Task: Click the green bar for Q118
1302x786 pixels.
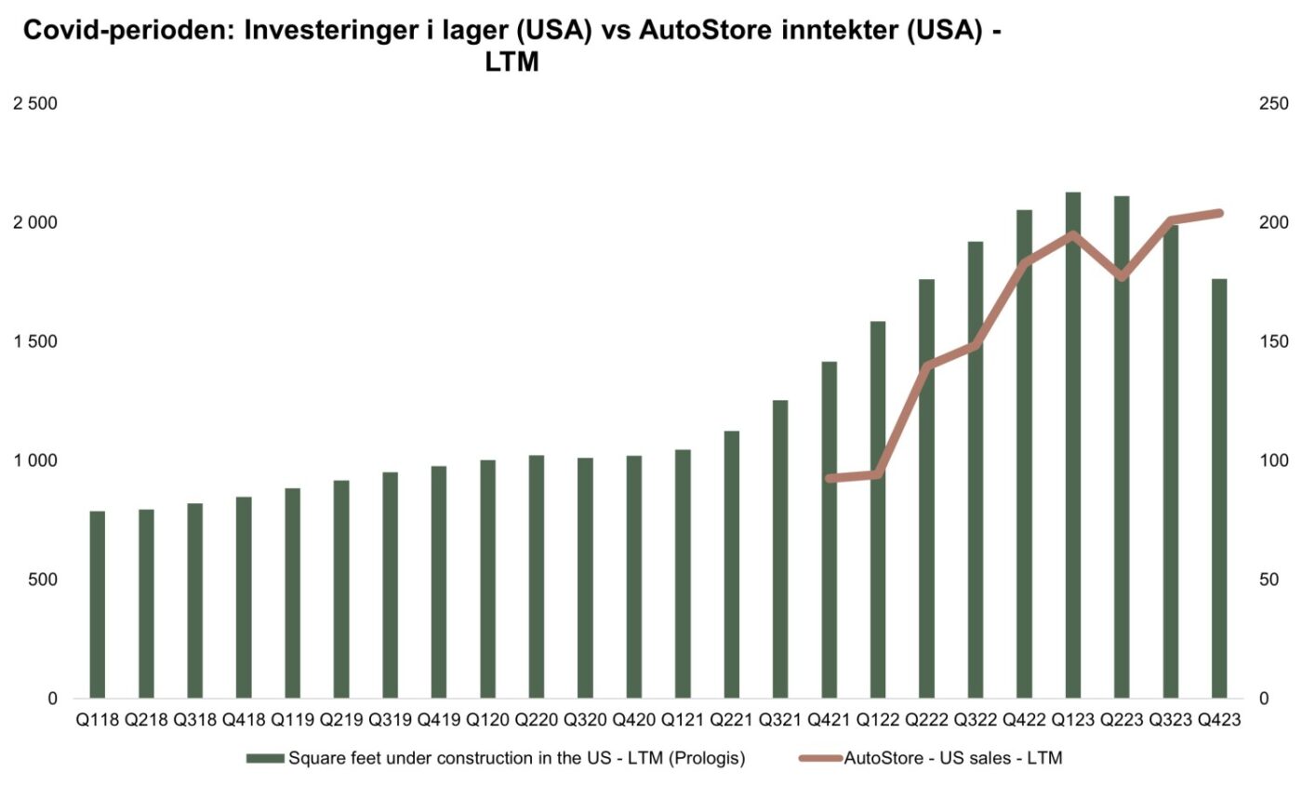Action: point(97,605)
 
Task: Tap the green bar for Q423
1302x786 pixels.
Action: point(1219,488)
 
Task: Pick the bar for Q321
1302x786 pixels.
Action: point(780,549)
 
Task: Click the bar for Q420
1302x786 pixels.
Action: point(634,577)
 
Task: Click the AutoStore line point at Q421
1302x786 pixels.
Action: point(830,478)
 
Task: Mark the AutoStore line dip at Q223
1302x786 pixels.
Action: point(1122,276)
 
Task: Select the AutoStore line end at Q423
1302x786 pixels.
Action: point(1219,213)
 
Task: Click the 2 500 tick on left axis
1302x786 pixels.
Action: point(34,103)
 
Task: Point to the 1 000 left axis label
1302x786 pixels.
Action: point(34,460)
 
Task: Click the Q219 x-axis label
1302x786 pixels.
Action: point(340,720)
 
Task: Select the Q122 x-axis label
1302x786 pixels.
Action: point(878,720)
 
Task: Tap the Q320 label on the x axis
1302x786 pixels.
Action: point(585,720)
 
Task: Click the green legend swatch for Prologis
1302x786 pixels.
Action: point(265,758)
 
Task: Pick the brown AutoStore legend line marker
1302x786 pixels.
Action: point(819,758)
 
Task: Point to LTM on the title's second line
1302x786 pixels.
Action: point(512,63)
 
